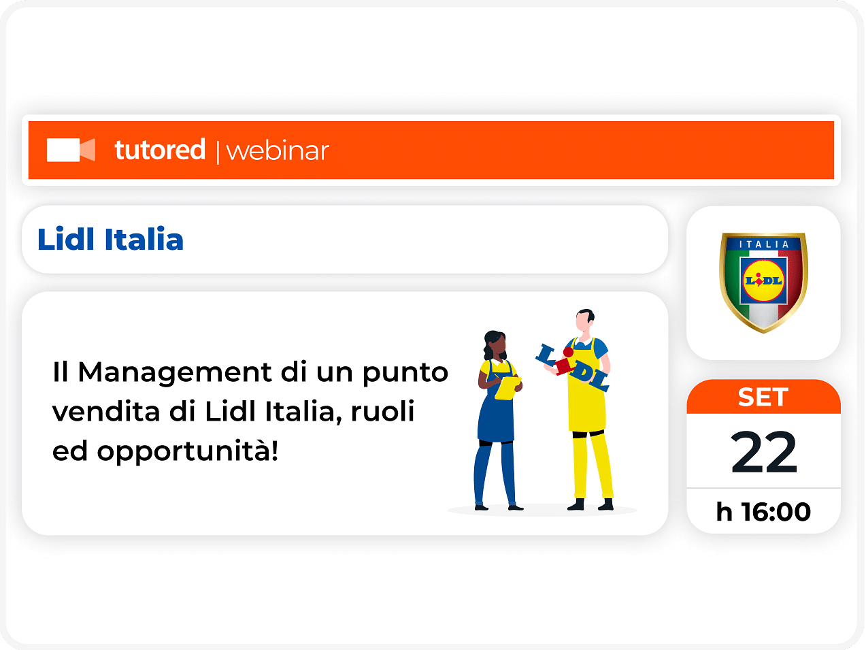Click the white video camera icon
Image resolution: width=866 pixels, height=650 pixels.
71,150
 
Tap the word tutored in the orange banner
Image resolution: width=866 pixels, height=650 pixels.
160,150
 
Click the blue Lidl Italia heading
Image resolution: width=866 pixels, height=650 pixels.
110,239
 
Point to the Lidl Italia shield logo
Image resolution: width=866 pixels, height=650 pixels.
763,282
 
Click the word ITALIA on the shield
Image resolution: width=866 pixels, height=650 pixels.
764,245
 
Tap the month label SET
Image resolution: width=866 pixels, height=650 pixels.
763,397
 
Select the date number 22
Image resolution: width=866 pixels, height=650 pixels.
764,452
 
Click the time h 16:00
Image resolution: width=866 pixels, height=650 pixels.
763,512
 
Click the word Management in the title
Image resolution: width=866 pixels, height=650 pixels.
175,373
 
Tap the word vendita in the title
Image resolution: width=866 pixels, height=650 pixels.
106,412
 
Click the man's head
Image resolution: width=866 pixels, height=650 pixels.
584,321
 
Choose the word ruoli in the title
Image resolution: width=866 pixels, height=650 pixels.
382,411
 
